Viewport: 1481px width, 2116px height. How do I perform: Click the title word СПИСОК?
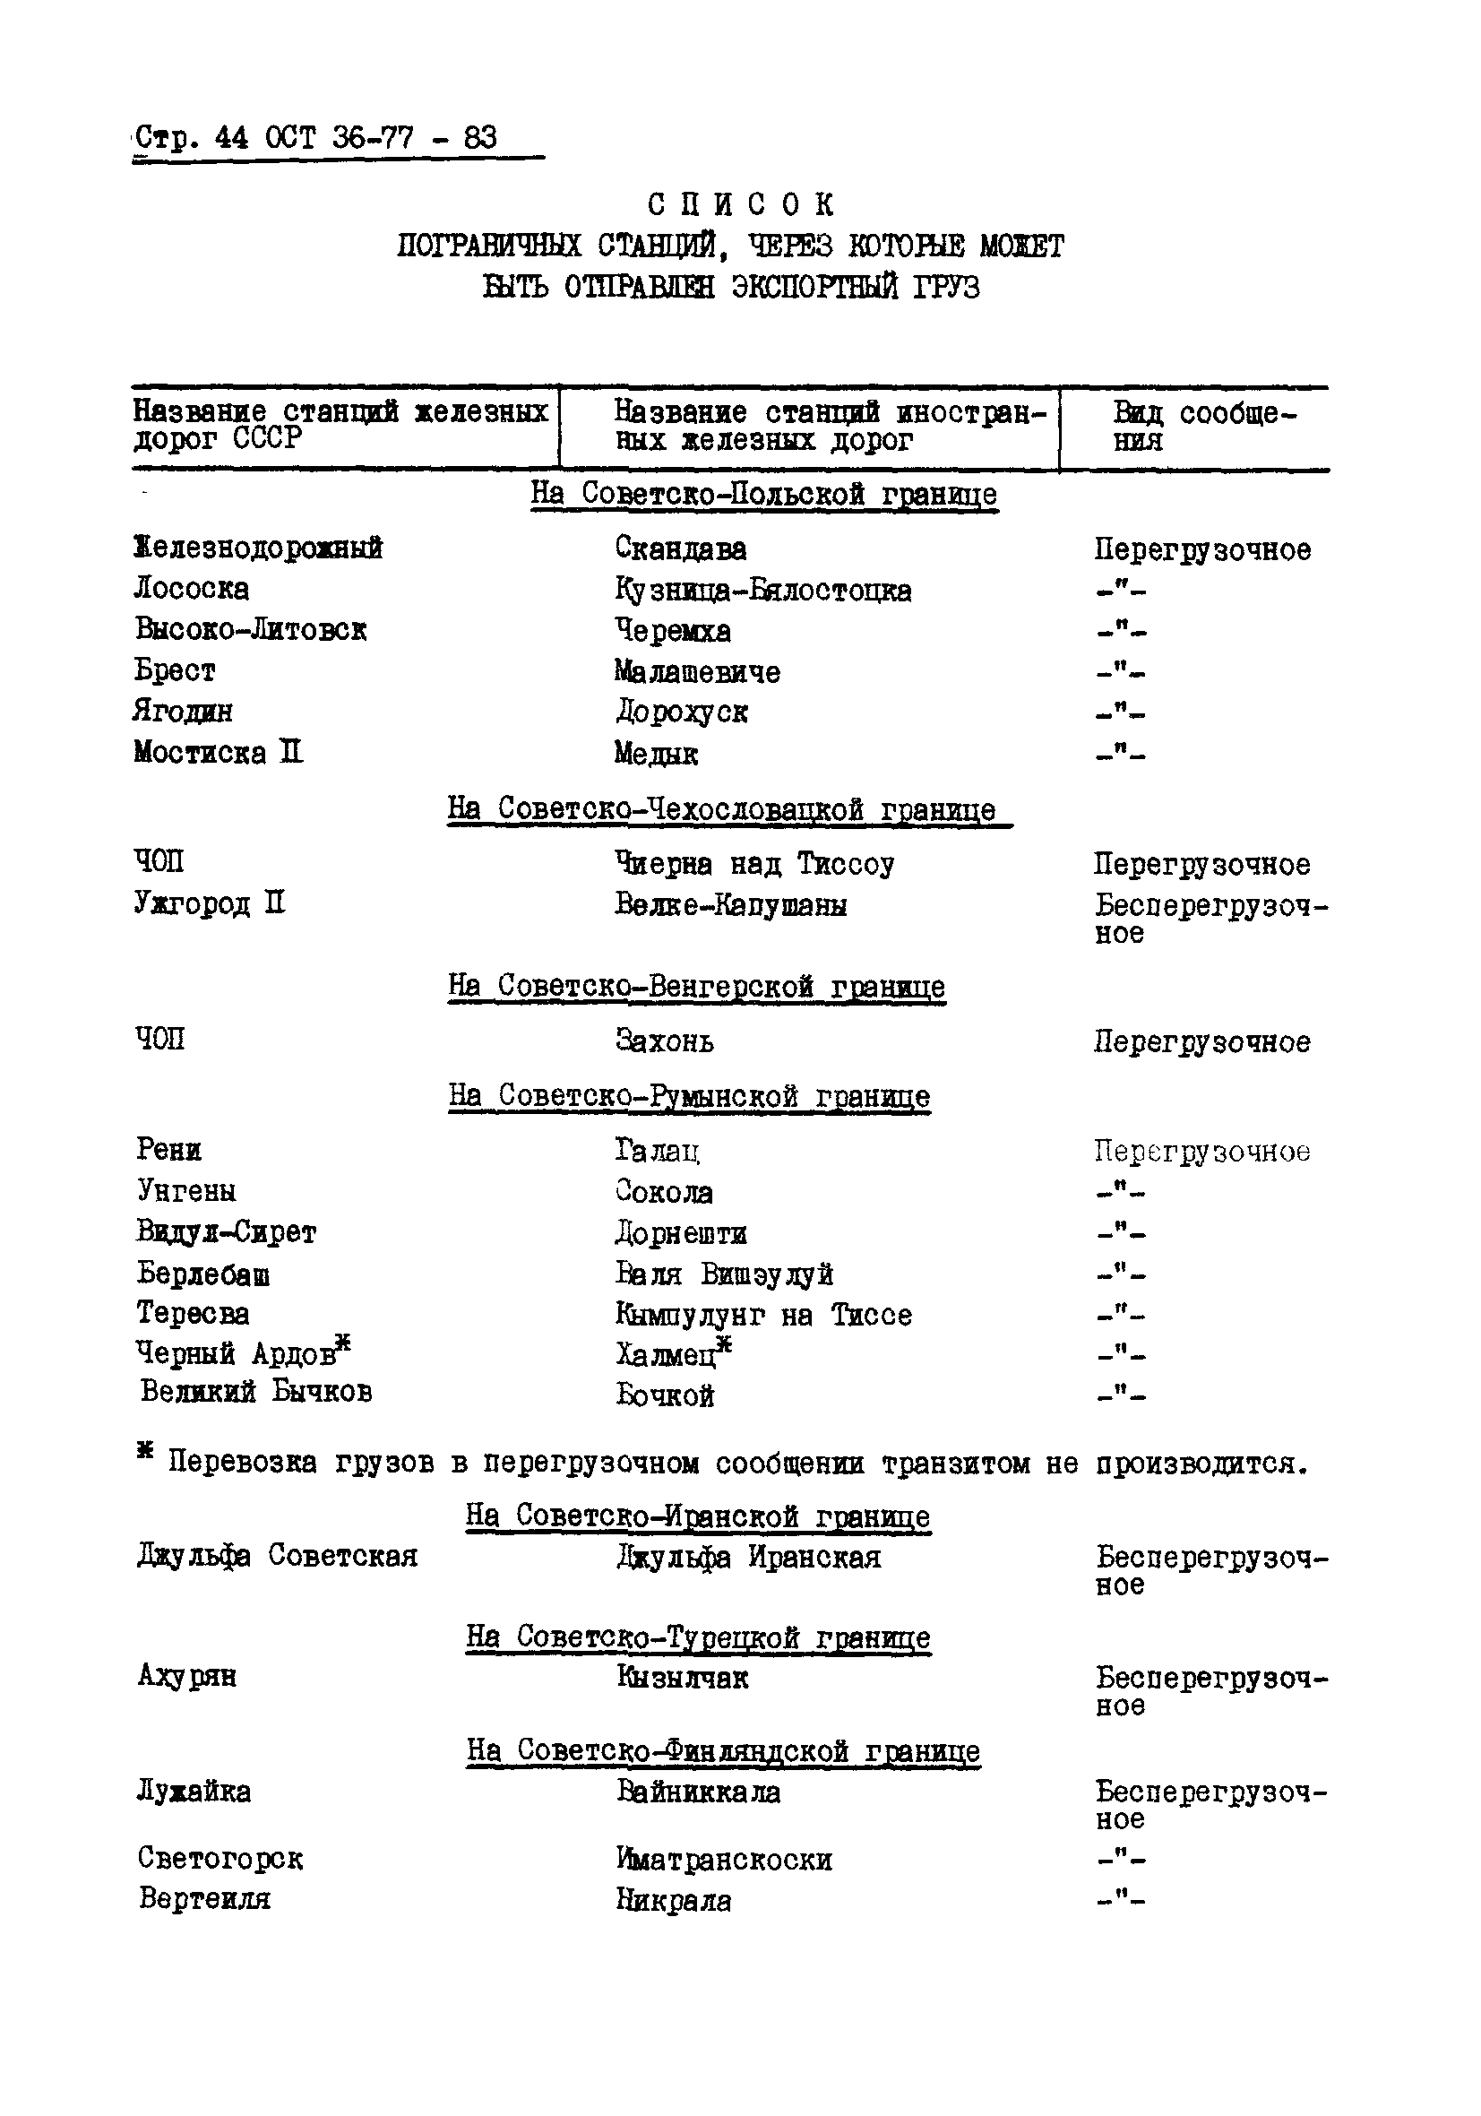[740, 203]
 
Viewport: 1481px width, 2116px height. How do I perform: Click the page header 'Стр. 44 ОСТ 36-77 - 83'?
[316, 138]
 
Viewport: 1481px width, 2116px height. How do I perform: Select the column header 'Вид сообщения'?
[1201, 426]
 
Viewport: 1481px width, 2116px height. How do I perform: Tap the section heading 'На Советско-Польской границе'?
[763, 494]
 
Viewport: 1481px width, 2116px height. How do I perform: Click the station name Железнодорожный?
[258, 548]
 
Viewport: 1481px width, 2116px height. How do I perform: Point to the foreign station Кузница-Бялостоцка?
[763, 591]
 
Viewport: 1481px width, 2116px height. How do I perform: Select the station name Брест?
[175, 670]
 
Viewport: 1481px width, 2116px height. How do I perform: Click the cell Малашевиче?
[697, 672]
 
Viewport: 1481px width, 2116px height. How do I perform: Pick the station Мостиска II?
[219, 752]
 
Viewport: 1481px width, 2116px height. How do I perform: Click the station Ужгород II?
[211, 903]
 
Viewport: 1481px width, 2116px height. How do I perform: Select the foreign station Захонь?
[665, 1041]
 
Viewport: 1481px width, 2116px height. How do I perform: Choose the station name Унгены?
[187, 1191]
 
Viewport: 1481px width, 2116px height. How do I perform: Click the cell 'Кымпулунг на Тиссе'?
[763, 1314]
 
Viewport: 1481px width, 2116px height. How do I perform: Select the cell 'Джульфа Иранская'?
[748, 1558]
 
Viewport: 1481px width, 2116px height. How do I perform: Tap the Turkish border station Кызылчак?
[682, 1678]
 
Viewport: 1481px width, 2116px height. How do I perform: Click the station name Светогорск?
[220, 1858]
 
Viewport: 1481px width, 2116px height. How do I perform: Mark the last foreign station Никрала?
[674, 1900]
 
